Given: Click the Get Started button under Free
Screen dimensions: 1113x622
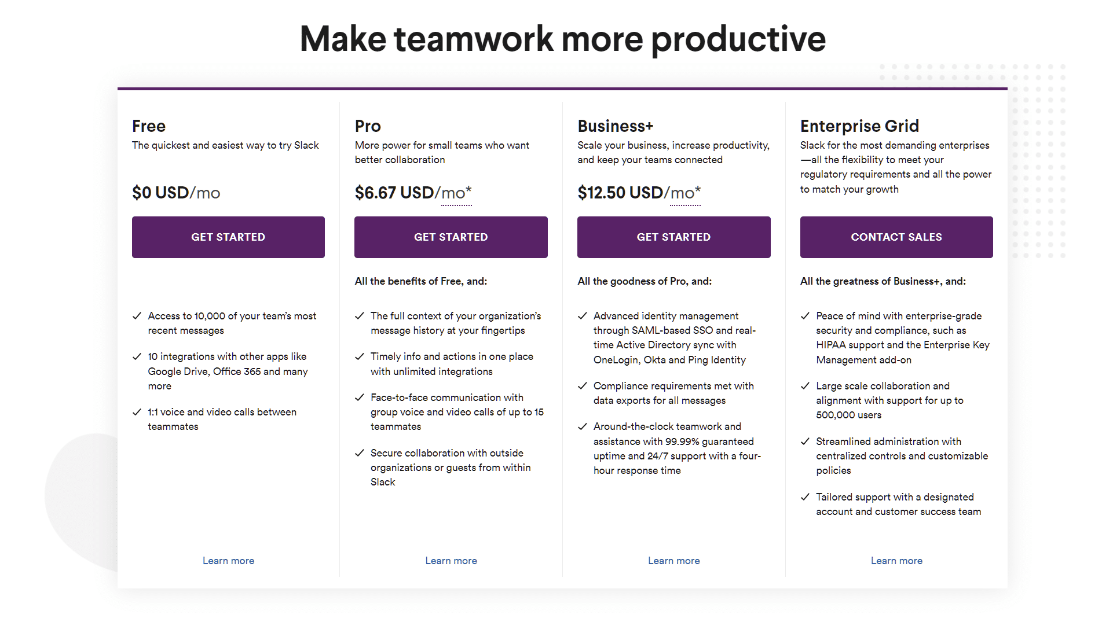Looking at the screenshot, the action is point(228,237).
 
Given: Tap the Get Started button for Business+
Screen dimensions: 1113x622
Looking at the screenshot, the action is point(673,237).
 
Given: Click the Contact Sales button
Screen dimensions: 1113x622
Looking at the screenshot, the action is point(896,237).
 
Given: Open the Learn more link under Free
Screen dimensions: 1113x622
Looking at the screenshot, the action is point(228,561).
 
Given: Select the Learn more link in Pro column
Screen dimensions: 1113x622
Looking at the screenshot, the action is point(451,561).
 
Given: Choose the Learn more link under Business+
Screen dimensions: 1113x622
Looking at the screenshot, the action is point(673,561).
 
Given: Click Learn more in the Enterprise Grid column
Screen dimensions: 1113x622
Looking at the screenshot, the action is point(896,561).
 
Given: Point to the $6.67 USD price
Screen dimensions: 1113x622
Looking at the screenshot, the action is point(394,193).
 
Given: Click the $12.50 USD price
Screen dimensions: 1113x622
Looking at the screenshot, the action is point(620,193).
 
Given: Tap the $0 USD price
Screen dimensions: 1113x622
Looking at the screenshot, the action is point(160,193).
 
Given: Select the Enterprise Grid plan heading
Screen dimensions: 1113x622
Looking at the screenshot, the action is point(859,126).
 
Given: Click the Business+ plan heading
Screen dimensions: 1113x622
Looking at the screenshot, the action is point(615,126).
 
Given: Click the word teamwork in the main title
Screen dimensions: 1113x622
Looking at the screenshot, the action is point(474,39).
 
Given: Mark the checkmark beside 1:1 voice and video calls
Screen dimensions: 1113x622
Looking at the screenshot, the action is point(137,413).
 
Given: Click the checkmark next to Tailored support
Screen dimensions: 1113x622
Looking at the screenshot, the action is point(805,497).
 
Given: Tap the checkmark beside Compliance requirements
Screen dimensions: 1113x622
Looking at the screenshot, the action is point(583,386).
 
